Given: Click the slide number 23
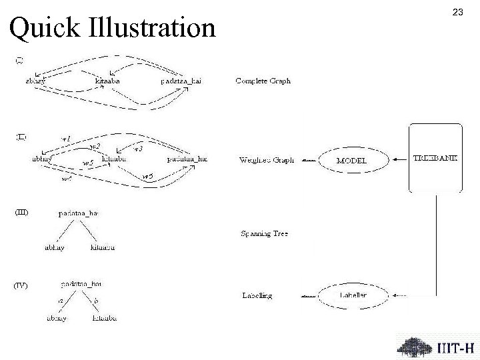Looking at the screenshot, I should (457, 13).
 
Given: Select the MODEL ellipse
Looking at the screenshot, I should (351, 161).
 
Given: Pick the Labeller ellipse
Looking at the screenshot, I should (353, 295).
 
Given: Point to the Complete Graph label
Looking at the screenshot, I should (263, 81).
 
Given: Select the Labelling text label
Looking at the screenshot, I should (256, 295).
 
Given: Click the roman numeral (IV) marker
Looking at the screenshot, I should (21, 285).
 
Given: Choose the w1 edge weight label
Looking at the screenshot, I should (66, 138).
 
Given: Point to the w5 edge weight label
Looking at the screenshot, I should (87, 163).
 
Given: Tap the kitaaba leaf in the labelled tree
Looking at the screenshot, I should (105, 319).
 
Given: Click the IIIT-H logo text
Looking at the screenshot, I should (456, 347).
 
